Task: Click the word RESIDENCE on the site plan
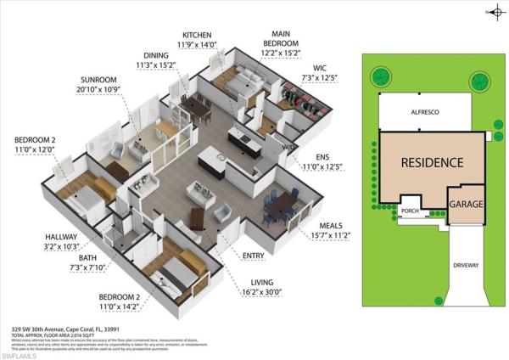(x=432, y=162)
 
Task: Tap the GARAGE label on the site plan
(x=467, y=205)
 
